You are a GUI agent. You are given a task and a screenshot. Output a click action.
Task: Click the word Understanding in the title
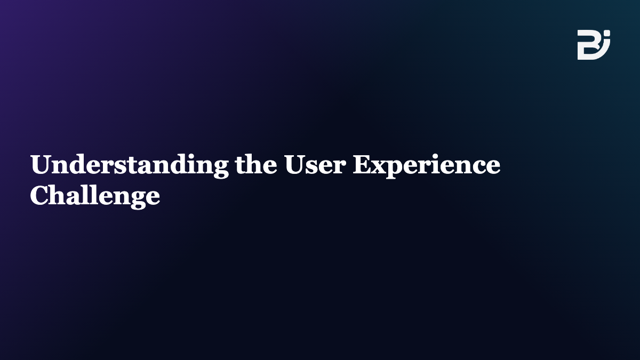(130, 166)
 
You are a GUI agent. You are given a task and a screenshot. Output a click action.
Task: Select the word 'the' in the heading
(256, 164)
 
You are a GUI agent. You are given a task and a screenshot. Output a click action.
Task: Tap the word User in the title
(315, 164)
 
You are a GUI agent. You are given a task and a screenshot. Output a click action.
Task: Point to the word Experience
(427, 166)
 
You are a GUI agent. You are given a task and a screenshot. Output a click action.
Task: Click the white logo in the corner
(594, 45)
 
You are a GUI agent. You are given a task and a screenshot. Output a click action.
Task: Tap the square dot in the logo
(607, 33)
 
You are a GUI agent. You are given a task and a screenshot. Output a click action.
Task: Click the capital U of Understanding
(41, 164)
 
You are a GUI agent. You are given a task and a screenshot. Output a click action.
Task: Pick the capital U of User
(294, 164)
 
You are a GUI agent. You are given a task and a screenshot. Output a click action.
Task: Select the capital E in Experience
(362, 164)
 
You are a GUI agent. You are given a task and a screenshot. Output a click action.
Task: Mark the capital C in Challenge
(39, 195)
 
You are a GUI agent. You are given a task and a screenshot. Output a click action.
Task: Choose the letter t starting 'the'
(240, 165)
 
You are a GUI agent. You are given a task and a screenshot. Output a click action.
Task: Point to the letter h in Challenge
(58, 195)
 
